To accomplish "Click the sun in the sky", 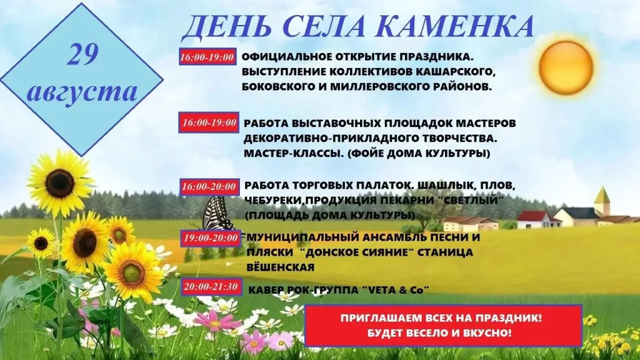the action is click(x=566, y=67).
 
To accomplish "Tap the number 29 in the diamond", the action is click(x=83, y=54).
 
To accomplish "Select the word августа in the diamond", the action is click(x=82, y=91).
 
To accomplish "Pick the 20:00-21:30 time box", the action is click(x=211, y=286).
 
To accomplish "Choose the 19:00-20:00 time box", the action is click(x=210, y=238).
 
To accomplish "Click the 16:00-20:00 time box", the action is click(x=209, y=186).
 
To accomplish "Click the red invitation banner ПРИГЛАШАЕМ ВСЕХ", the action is click(x=443, y=325).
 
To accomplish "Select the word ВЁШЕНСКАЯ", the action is click(x=281, y=267).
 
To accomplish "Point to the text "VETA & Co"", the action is click(x=396, y=290).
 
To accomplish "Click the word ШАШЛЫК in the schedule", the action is click(x=442, y=186).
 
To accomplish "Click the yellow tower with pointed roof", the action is click(x=602, y=201).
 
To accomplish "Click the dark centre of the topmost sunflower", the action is click(x=59, y=183).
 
